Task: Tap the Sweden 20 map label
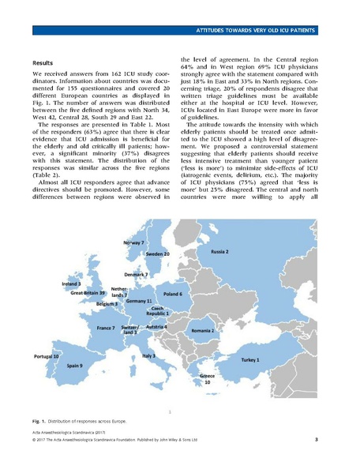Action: [159, 255]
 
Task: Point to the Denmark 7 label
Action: [135, 273]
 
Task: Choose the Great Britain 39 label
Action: [88, 293]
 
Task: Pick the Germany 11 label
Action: [139, 302]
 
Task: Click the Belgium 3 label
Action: [107, 303]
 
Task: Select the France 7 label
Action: [106, 327]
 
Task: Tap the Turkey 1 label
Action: [259, 359]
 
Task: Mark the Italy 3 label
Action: [148, 356]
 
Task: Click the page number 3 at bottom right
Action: [316, 439]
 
